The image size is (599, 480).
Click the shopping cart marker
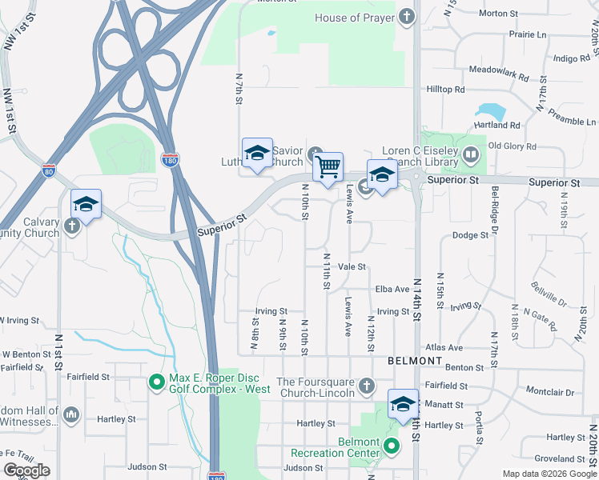pos(328,168)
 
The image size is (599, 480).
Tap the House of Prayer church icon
pos(407,17)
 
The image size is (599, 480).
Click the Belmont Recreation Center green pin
pos(391,446)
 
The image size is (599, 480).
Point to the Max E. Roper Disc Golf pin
pos(157,383)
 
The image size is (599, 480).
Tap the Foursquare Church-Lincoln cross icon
pos(366,387)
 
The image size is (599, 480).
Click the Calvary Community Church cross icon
pos(72,226)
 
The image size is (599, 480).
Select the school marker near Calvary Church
pos(86,204)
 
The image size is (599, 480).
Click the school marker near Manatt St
pos(403,405)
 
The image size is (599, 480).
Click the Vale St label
pos(352,266)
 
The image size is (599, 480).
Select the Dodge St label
pos(470,235)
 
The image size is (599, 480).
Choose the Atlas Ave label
pos(444,348)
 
